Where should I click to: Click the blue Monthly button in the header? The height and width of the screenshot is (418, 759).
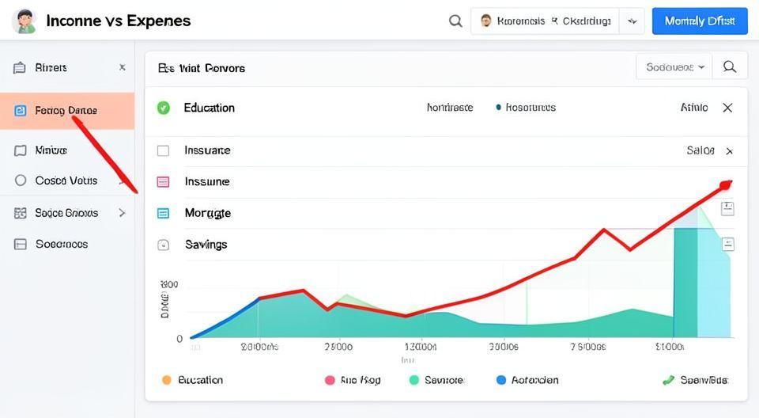pos(699,21)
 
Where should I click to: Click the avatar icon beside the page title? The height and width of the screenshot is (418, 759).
pos(25,21)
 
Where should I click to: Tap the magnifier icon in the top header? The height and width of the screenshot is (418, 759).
pos(455,21)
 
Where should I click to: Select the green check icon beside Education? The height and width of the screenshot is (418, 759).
pos(164,108)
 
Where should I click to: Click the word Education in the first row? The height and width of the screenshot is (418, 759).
pos(209,108)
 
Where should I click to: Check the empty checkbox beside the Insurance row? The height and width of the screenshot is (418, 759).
pos(164,150)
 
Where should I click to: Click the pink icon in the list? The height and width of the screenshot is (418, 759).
pos(164,182)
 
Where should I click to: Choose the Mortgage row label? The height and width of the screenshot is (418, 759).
pos(207,213)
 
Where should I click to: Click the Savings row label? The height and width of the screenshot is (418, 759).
pos(206,245)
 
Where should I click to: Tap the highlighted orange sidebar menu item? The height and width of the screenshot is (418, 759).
pos(66,111)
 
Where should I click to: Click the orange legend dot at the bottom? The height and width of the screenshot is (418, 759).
pos(166,380)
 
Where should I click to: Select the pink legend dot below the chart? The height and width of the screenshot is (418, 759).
pos(330,380)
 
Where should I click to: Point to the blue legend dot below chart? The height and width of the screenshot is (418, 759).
pos(500,380)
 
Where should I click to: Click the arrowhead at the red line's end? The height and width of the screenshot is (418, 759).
pos(725,185)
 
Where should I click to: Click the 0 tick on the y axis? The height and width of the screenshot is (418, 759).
pos(179,339)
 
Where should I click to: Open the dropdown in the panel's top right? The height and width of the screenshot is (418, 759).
pos(674,67)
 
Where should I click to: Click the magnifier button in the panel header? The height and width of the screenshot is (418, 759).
pos(730,67)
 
